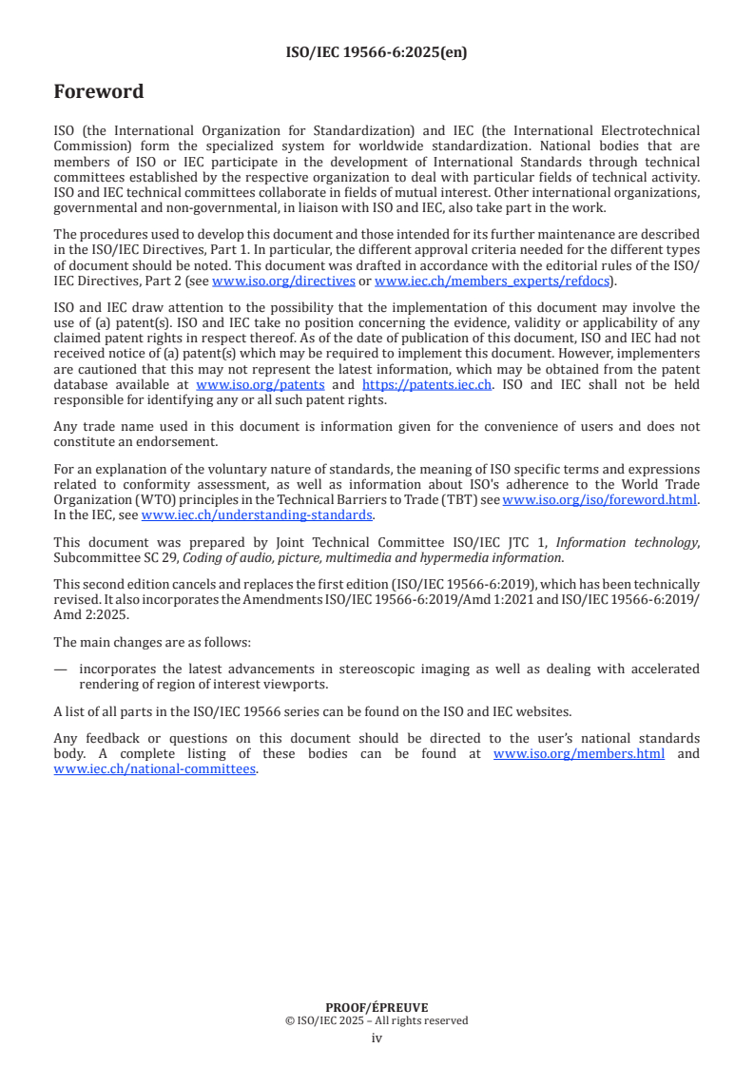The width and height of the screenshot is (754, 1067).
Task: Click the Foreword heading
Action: [99, 92]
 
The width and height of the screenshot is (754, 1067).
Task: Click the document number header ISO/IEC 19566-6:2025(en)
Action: [377, 52]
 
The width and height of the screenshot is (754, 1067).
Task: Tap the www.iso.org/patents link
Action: [260, 384]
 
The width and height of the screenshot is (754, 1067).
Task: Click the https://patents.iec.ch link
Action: [427, 384]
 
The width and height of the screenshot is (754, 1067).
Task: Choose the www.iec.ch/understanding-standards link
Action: [257, 514]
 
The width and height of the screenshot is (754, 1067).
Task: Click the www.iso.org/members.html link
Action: [579, 754]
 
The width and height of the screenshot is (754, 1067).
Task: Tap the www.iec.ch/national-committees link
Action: [154, 768]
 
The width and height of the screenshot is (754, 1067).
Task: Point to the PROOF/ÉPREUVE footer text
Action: [377, 1007]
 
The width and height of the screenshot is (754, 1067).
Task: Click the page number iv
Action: [377, 1038]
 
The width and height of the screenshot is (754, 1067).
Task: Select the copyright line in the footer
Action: [377, 1020]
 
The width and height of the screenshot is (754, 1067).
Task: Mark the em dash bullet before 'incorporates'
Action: [61, 669]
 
